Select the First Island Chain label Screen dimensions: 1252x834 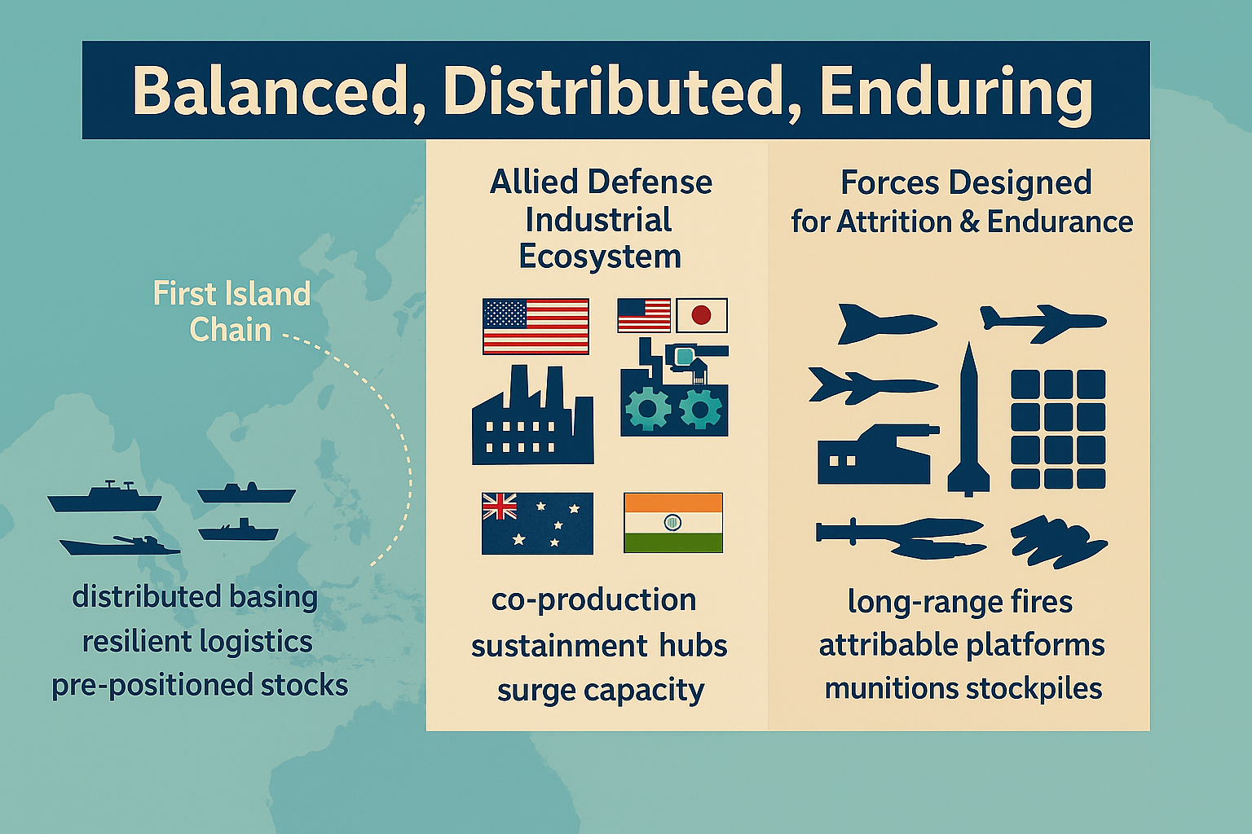pos(231,312)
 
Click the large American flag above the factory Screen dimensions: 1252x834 pos(536,327)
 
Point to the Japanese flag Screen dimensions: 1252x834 pos(702,315)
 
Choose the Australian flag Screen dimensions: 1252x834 pos(537,524)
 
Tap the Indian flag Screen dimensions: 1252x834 pos(673,523)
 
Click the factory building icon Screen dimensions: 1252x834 pos(532,415)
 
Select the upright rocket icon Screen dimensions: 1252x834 pos(968,419)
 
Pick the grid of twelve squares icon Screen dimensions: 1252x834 pos(1058,429)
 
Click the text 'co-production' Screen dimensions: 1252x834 pos(593,600)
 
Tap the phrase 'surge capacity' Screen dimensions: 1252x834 pos(600,691)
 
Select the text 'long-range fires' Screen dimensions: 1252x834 pos(960,602)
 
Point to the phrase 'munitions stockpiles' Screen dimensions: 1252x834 pos(963,688)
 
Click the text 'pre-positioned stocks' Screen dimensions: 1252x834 pos(200,685)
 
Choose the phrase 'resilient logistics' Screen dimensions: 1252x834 pos(197,641)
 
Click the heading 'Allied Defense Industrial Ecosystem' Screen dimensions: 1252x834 pos(600,220)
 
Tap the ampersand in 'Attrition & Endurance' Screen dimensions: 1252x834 pos(969,222)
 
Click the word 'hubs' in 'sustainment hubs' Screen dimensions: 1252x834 pos(693,646)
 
